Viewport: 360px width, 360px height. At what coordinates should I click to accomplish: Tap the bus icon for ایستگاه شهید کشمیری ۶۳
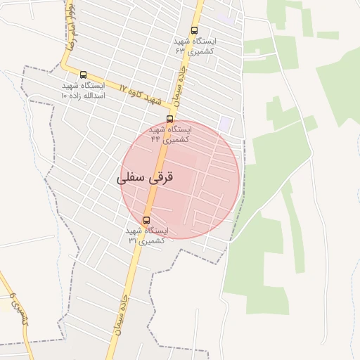point(195,30)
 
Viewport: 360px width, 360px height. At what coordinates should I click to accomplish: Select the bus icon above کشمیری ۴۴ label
point(169,119)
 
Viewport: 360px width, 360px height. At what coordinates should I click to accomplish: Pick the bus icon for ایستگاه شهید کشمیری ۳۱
point(146,220)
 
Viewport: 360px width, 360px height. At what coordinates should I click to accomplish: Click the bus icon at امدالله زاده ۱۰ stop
point(84,75)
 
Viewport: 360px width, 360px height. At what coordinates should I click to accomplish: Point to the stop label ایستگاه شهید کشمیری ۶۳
point(195,46)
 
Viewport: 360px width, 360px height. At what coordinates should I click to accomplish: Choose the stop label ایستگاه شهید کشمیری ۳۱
point(146,236)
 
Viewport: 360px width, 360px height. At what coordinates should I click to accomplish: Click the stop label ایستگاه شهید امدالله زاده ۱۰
point(83,90)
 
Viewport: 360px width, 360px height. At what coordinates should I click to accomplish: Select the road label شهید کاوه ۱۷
point(138,94)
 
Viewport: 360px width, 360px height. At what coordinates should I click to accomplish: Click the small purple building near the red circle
point(225,124)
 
